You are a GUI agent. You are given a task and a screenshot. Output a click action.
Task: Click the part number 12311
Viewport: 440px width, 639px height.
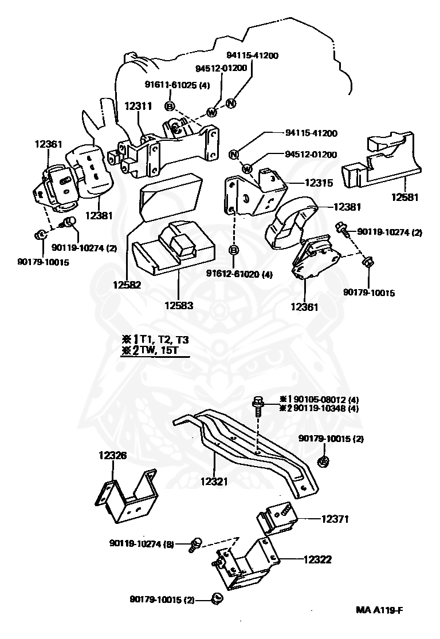click(138, 106)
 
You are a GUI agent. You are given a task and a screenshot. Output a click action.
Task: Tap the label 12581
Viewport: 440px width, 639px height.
click(405, 197)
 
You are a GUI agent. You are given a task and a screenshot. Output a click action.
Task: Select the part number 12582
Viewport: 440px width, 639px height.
click(127, 285)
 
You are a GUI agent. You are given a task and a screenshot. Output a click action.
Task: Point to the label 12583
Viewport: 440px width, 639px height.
click(179, 305)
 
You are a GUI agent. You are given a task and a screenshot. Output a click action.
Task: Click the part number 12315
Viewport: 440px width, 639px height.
click(319, 183)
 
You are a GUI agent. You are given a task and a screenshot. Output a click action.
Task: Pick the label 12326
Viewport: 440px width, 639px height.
click(112, 455)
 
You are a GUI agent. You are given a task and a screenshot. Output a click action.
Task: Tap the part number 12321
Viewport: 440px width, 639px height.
click(214, 482)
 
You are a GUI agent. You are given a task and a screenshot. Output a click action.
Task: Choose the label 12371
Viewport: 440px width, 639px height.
click(335, 519)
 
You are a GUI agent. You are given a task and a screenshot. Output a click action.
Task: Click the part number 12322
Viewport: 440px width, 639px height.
click(317, 559)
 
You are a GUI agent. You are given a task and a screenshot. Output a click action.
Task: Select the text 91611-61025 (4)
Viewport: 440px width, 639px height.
click(178, 85)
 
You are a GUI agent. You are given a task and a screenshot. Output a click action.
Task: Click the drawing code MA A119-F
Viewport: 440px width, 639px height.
click(380, 610)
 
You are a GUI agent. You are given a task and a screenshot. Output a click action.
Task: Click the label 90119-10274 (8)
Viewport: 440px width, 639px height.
click(142, 543)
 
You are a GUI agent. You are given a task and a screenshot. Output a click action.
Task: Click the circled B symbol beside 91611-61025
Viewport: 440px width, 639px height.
click(170, 107)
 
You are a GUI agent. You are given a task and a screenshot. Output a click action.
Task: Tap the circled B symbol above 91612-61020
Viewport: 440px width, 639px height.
click(234, 250)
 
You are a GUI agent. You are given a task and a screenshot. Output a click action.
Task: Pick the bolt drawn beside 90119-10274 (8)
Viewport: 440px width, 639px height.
click(195, 545)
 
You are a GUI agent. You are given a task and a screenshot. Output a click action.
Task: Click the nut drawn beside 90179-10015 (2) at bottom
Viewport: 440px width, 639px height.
click(217, 599)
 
